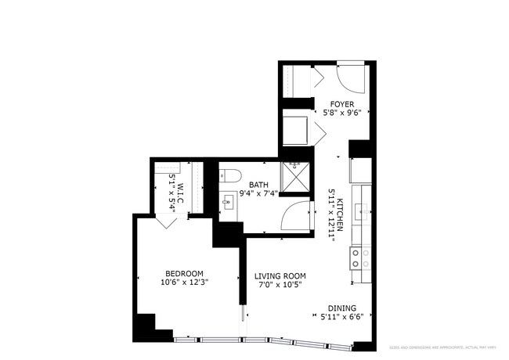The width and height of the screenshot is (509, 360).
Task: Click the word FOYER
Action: click(x=342, y=103)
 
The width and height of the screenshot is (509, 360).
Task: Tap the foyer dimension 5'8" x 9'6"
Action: click(x=342, y=112)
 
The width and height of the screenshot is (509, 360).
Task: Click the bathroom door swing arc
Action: click(x=296, y=214)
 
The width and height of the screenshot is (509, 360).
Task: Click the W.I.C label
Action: click(x=180, y=190)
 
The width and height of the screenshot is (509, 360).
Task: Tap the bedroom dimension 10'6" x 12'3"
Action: click(x=184, y=282)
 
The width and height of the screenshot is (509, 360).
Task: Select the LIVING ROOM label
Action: click(x=280, y=276)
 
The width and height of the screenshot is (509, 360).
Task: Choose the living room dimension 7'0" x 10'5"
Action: click(x=280, y=286)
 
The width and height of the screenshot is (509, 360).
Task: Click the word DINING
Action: click(x=341, y=308)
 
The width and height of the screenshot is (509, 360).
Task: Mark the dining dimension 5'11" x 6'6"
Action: click(x=341, y=317)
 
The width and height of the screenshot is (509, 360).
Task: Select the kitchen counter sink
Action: click(x=360, y=210)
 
